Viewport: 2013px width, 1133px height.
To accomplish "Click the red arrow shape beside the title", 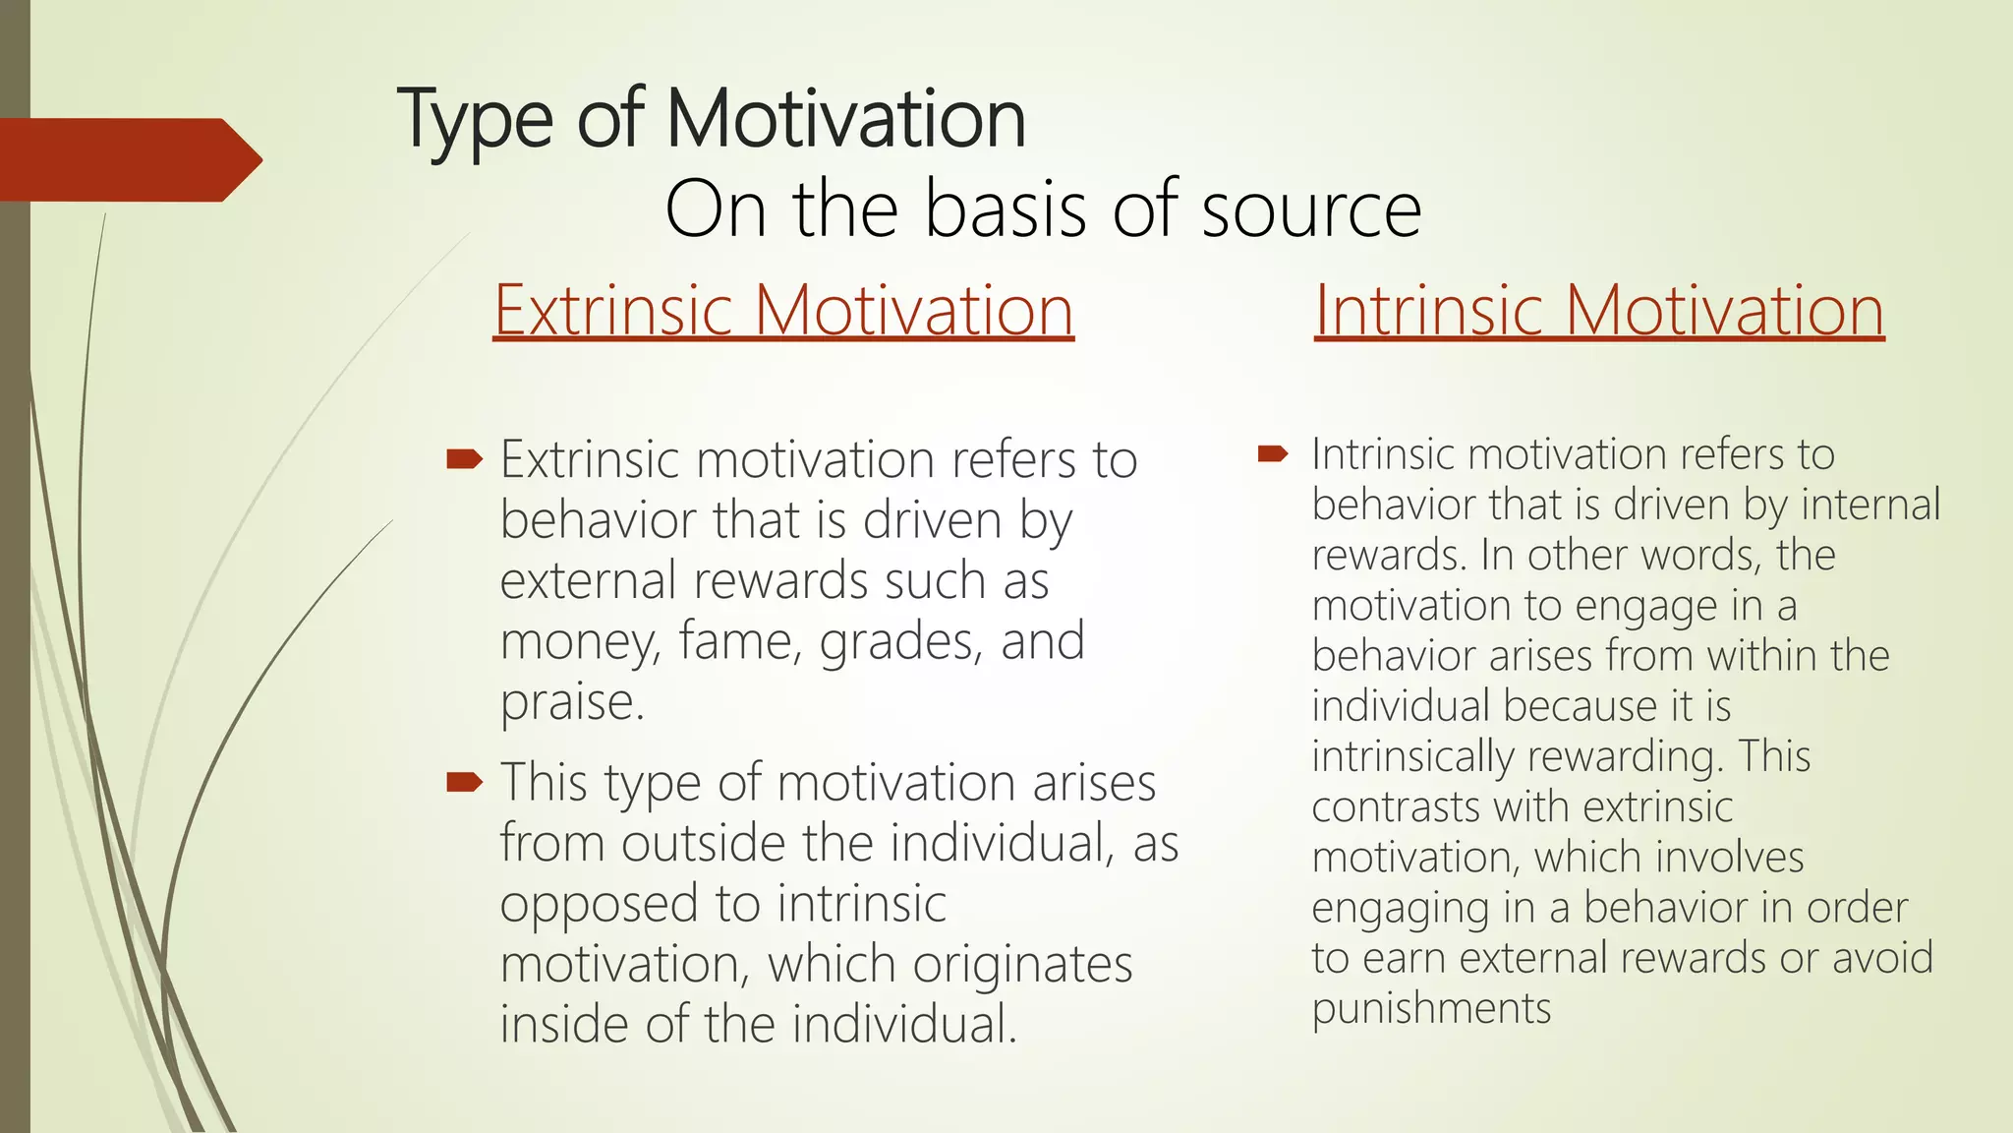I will pyautogui.click(x=128, y=159).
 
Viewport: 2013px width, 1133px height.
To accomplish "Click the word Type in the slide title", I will pyautogui.click(x=476, y=120).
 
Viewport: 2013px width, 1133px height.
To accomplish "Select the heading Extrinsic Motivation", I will pyautogui.click(x=783, y=311).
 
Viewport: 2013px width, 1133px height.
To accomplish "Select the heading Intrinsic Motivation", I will pyautogui.click(x=1599, y=311).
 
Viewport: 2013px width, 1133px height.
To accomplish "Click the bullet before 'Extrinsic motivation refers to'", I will pyautogui.click(x=464, y=458).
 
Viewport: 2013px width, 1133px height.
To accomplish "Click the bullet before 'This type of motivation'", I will pyautogui.click(x=464, y=782).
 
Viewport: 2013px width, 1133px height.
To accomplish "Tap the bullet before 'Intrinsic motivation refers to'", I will pyautogui.click(x=1273, y=453).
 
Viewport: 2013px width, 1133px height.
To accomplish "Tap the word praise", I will pyautogui.click(x=571, y=702).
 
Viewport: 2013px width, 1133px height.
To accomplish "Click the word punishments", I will pyautogui.click(x=1431, y=1009).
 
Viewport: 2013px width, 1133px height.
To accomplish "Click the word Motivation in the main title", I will pyautogui.click(x=845, y=120).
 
